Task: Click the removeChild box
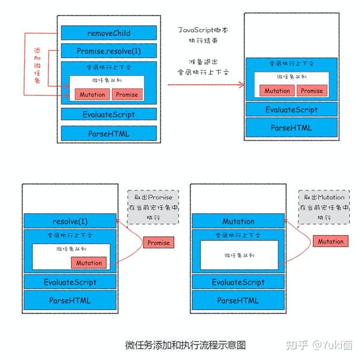[109, 33]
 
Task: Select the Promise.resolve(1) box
[109, 51]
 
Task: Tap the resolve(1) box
[70, 221]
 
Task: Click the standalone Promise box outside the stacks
[159, 242]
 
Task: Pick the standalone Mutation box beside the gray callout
[331, 241]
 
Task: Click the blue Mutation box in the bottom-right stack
[238, 221]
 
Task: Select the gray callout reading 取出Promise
[153, 207]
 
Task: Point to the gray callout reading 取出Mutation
[324, 207]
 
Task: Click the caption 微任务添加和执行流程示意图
[185, 346]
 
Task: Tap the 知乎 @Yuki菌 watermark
[320, 346]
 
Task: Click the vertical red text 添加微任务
[37, 66]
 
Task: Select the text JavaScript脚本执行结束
[203, 35]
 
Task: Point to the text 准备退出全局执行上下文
[203, 67]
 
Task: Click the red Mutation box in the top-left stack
[92, 95]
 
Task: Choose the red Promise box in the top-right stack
[312, 90]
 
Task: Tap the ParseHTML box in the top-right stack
[291, 127]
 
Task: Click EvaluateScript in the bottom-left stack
[70, 282]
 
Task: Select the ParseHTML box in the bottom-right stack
[238, 300]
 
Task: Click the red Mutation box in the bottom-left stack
[89, 263]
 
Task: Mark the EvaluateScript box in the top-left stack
[109, 114]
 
